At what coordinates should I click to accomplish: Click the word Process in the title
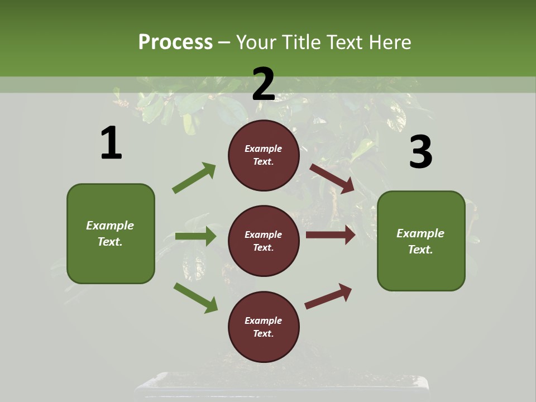[x=175, y=42]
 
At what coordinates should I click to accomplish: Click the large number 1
[x=111, y=143]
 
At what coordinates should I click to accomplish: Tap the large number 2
[x=264, y=84]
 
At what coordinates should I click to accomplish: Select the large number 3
[x=420, y=152]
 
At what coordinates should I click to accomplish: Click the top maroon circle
[x=264, y=155]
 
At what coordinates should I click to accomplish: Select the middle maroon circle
[x=264, y=241]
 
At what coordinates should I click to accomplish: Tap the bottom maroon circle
[x=264, y=327]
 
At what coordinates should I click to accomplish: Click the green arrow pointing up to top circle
[x=194, y=178]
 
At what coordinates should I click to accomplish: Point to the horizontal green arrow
[x=195, y=236]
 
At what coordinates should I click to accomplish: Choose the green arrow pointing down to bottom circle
[x=195, y=297]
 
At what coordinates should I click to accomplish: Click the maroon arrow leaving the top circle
[x=332, y=178]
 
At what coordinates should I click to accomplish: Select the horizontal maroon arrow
[x=331, y=235]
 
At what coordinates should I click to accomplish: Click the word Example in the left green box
[x=110, y=226]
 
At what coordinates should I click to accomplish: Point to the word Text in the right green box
[x=420, y=250]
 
